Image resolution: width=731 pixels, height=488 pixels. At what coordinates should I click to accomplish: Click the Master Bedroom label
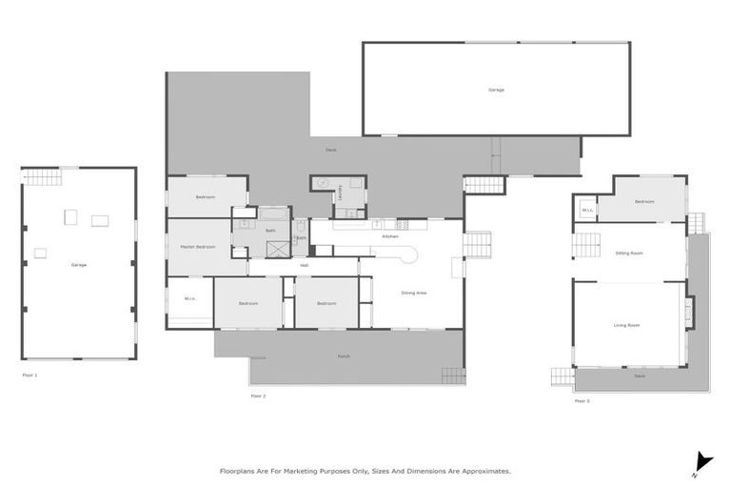pyautogui.click(x=198, y=247)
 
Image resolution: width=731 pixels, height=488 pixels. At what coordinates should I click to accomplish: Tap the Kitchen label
pyautogui.click(x=390, y=236)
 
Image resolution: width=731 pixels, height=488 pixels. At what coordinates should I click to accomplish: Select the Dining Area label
pyautogui.click(x=414, y=293)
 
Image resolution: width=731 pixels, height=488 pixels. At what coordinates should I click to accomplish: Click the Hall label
pyautogui.click(x=304, y=265)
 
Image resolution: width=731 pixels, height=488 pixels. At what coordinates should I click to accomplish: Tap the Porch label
pyautogui.click(x=344, y=356)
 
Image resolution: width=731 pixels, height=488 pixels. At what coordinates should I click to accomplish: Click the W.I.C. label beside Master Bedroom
pyautogui.click(x=189, y=299)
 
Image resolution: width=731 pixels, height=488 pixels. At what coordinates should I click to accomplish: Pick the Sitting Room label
pyautogui.click(x=629, y=253)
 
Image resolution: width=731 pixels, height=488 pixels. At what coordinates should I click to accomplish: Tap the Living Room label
pyautogui.click(x=626, y=325)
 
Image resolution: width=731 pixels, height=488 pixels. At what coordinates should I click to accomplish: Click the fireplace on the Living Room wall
pyautogui.click(x=688, y=312)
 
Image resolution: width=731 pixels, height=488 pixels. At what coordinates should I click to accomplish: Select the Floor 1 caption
pyautogui.click(x=30, y=376)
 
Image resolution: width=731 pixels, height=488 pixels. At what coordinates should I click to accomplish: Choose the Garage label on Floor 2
pyautogui.click(x=496, y=90)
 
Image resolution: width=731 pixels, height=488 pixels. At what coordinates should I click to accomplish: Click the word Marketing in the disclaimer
pyautogui.click(x=306, y=471)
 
